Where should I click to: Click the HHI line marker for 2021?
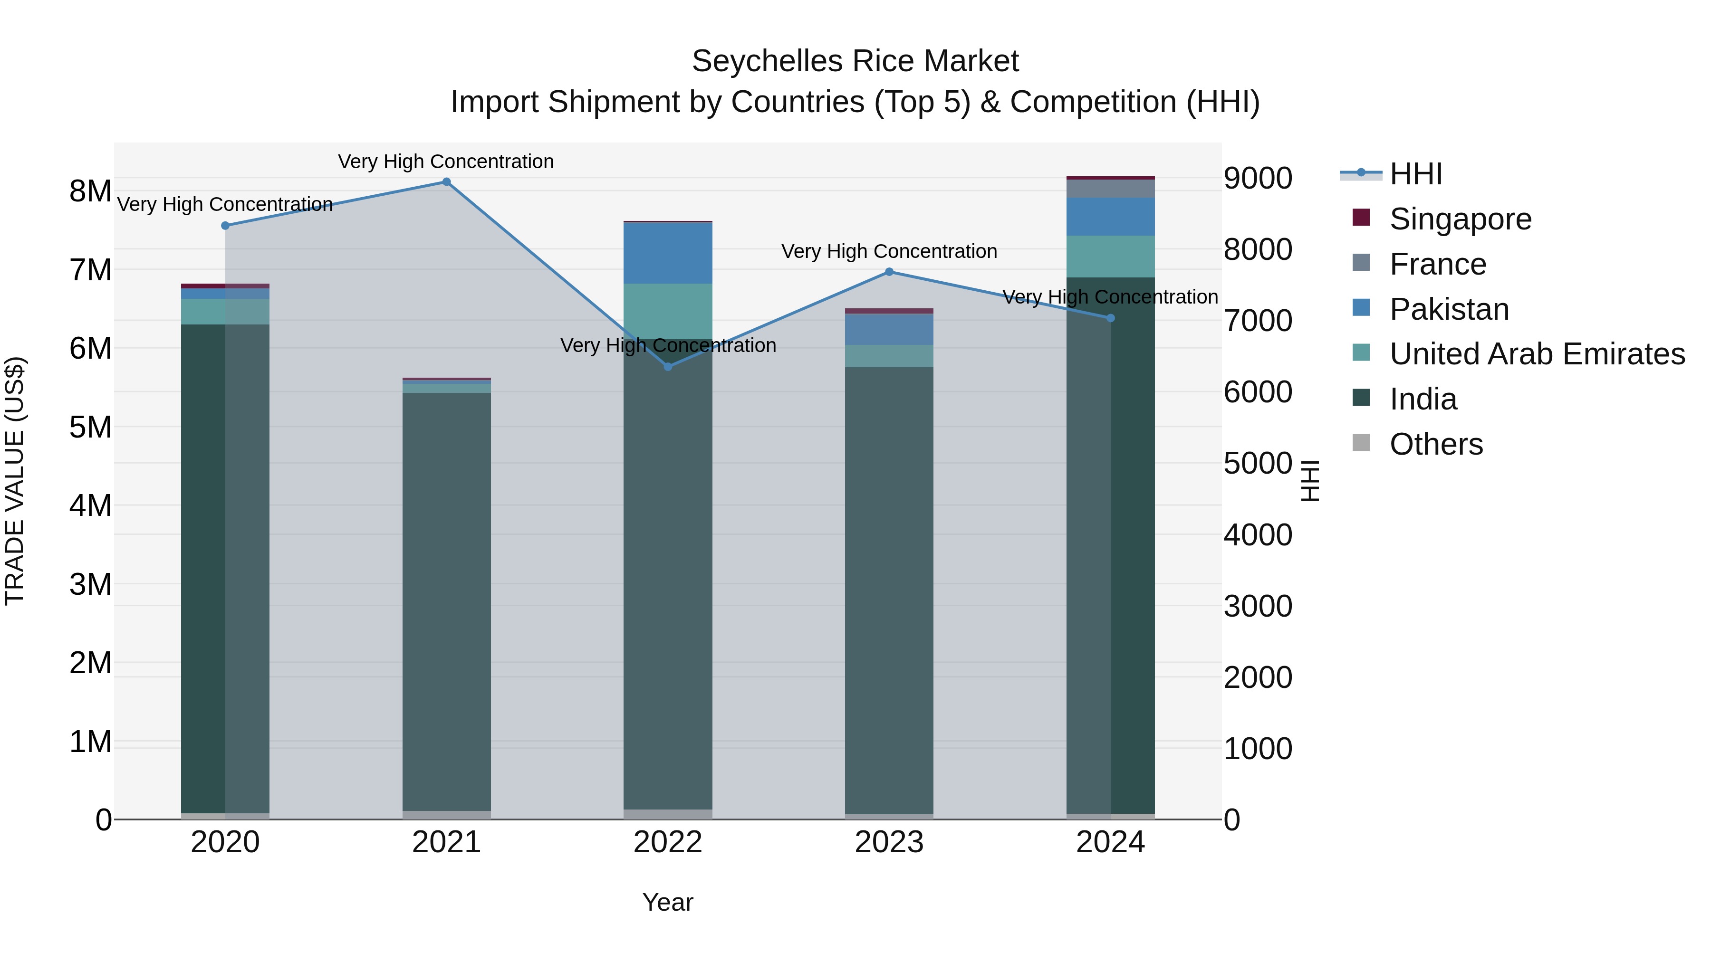click(x=446, y=182)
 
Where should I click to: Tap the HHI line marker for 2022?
click(x=668, y=366)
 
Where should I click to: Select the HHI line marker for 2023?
click(x=889, y=272)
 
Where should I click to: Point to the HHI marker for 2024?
click(x=1111, y=318)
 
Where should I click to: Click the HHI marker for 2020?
click(x=225, y=226)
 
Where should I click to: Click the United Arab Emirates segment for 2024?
click(x=1111, y=256)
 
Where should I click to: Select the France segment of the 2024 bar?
click(x=1111, y=189)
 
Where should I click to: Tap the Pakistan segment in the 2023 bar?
click(x=889, y=329)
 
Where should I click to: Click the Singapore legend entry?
click(x=1460, y=219)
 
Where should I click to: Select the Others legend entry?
click(x=1435, y=444)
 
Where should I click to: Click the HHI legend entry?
click(x=1415, y=174)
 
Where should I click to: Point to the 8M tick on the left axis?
click(x=90, y=191)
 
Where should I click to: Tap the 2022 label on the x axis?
click(x=668, y=842)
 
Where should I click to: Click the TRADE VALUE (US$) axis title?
click(x=15, y=481)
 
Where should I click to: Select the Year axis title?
click(x=668, y=902)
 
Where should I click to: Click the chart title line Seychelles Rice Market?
click(x=855, y=61)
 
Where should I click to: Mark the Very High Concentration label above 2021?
click(x=446, y=162)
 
